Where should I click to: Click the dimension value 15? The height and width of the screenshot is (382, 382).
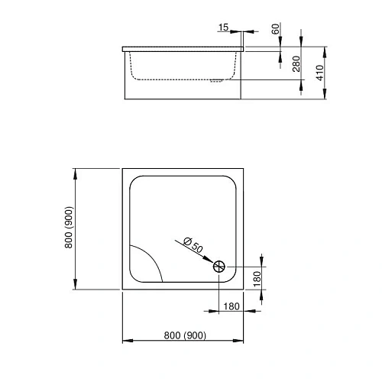pos(223,28)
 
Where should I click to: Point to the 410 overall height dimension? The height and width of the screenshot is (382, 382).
pos(322,74)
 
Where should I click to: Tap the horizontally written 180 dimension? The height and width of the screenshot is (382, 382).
pos(231,306)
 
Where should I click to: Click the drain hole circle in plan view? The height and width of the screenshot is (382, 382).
pos(219,266)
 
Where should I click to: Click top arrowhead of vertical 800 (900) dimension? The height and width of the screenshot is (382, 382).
pos(75,171)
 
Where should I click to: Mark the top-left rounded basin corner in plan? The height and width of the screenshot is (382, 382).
pos(135,182)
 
